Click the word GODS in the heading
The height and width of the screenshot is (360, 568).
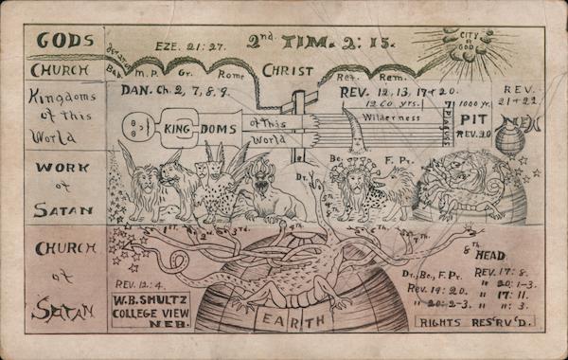(65, 41)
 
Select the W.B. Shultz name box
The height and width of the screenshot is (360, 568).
(152, 309)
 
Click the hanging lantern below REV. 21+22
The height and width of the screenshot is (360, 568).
(511, 137)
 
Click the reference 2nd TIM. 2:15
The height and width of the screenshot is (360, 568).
(307, 41)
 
